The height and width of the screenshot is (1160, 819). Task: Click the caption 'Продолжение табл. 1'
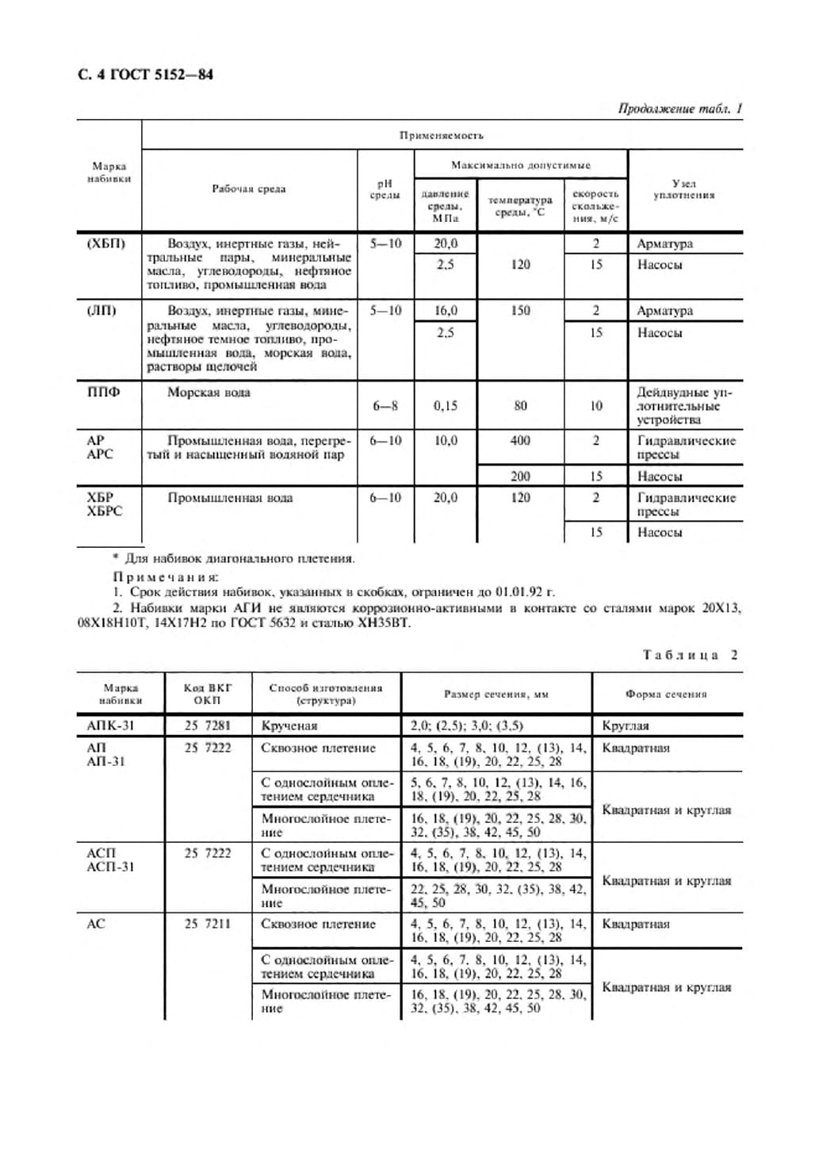coord(679,109)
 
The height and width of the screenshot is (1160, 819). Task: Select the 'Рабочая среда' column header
coord(248,189)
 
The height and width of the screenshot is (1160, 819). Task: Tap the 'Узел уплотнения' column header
coord(683,189)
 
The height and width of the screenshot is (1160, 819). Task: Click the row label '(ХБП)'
coord(105,243)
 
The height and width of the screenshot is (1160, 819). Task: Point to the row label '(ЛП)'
coord(101,310)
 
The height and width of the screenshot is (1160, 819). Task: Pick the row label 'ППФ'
coord(103,392)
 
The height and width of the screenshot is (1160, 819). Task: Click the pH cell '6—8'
coord(385,406)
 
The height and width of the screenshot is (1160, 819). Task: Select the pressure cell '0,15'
coord(445,406)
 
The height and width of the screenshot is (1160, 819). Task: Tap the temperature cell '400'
coord(520,441)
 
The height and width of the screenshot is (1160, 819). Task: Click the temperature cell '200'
coord(520,476)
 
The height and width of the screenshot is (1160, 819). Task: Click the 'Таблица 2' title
coord(690,655)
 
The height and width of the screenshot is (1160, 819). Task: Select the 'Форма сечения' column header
coord(665,694)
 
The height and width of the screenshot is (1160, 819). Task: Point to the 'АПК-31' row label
coord(110,725)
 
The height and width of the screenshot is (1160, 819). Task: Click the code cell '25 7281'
coord(207,725)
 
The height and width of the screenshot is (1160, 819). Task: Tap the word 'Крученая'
coord(289,725)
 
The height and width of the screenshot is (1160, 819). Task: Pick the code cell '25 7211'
coord(207,924)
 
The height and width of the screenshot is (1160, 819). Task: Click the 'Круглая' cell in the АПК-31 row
coord(626,725)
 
